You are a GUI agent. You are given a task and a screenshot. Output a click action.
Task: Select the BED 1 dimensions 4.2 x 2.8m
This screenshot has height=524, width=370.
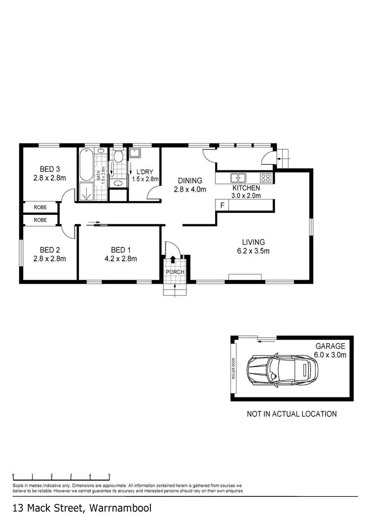pyautogui.click(x=120, y=258)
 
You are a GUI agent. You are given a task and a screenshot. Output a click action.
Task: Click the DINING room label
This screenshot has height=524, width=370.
pyautogui.click(x=190, y=181)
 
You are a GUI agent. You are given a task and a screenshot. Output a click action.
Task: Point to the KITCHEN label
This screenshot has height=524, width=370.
pyautogui.click(x=246, y=188)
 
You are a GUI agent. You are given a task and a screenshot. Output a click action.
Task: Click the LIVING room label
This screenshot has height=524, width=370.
pyautogui.click(x=253, y=242)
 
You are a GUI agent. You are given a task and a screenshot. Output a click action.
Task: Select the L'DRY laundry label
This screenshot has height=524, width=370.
pyautogui.click(x=145, y=171)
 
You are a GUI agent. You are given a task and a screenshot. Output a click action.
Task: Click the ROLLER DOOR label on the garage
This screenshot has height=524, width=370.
pyautogui.click(x=235, y=368)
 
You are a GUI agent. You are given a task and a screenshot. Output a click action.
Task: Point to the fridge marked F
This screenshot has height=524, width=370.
pyautogui.click(x=222, y=205)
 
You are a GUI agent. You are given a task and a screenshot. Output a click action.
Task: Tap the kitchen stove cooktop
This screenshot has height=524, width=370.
pyautogui.click(x=265, y=178)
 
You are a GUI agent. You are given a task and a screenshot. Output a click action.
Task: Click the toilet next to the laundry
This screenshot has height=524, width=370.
pyautogui.click(x=117, y=157)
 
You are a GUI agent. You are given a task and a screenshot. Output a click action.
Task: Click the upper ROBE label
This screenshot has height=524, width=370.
pyautogui.click(x=40, y=208)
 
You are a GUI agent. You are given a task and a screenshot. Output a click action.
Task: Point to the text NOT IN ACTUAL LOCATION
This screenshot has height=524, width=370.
pyautogui.click(x=292, y=414)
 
